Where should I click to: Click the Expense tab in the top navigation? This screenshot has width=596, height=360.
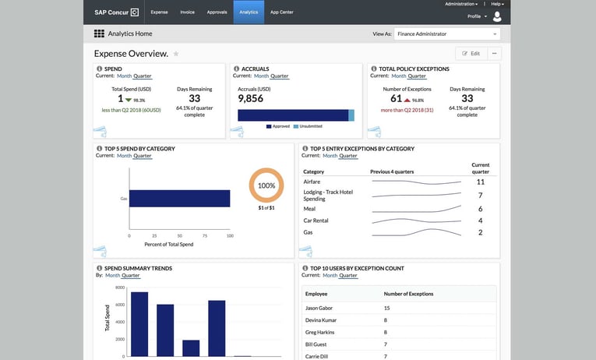tap(159, 12)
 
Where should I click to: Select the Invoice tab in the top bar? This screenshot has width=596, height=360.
tap(187, 12)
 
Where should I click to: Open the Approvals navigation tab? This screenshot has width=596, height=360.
tap(217, 12)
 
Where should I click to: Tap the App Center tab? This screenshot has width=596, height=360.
tap(281, 12)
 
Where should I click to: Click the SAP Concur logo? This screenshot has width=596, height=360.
tap(117, 12)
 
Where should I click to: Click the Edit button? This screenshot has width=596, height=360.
tap(471, 54)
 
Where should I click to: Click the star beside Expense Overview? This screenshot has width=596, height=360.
tap(176, 54)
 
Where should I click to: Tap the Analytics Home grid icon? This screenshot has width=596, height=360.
tap(99, 34)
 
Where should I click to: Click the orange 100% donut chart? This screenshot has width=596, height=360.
tap(266, 186)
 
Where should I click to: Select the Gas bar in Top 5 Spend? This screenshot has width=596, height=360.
tap(179, 199)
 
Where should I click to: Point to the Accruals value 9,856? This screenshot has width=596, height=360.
tap(250, 99)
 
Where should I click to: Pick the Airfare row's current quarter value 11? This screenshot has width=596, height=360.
tap(480, 182)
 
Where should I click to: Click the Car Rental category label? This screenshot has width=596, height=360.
tap(316, 221)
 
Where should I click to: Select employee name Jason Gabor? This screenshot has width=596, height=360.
tap(319, 309)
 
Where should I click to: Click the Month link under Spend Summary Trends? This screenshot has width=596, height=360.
tap(113, 275)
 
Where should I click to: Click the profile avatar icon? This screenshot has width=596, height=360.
tap(498, 16)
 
